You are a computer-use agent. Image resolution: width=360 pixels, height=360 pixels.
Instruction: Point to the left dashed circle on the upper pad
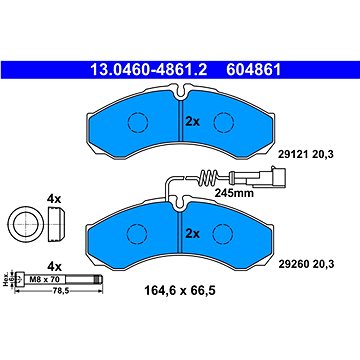[x=137, y=122]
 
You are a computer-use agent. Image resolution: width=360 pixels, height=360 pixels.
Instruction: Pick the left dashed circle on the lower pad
[x=137, y=232]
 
